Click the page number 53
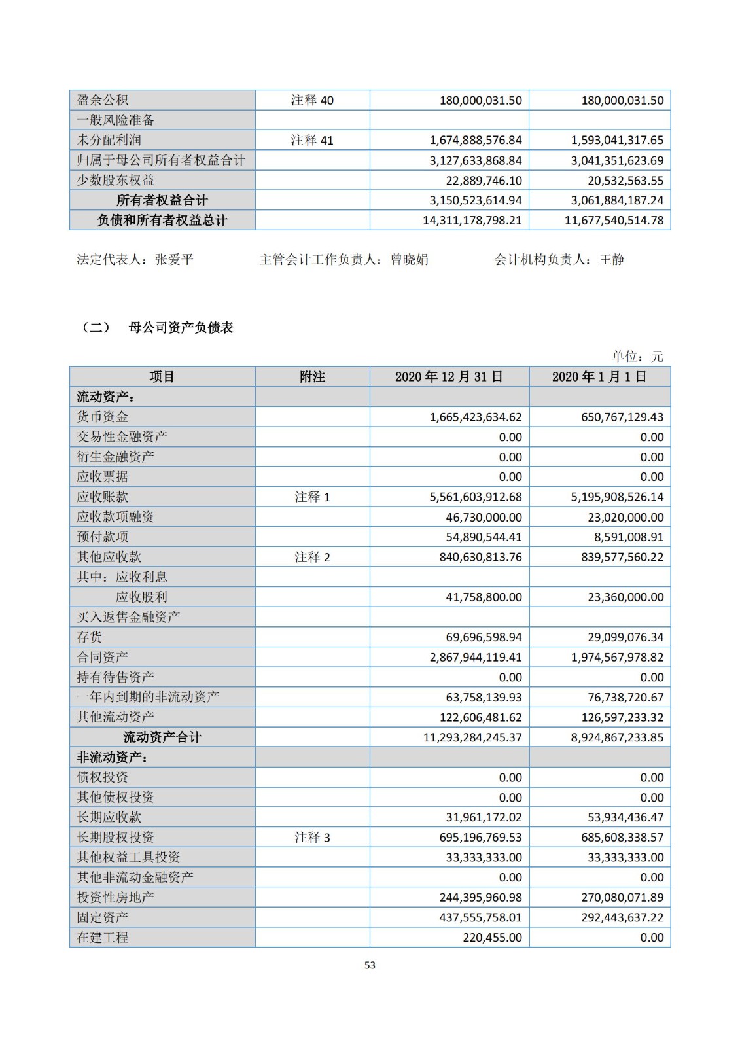click(370, 965)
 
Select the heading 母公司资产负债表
click(181, 328)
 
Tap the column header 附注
click(312, 377)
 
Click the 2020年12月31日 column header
click(449, 377)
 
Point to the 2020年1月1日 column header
click(599, 377)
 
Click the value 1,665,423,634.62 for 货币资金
click(476, 417)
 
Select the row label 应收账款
click(103, 497)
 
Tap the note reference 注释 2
click(312, 557)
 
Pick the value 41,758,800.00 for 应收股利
click(484, 597)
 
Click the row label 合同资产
click(103, 657)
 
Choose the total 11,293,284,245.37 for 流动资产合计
click(472, 737)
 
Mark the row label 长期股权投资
click(116, 838)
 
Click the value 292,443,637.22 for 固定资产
click(622, 917)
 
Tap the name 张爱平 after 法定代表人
click(174, 260)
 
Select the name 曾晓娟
click(410, 260)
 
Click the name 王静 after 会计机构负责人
click(612, 260)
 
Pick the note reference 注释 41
click(312, 140)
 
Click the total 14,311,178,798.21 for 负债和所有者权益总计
click(472, 221)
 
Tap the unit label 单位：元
click(637, 357)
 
